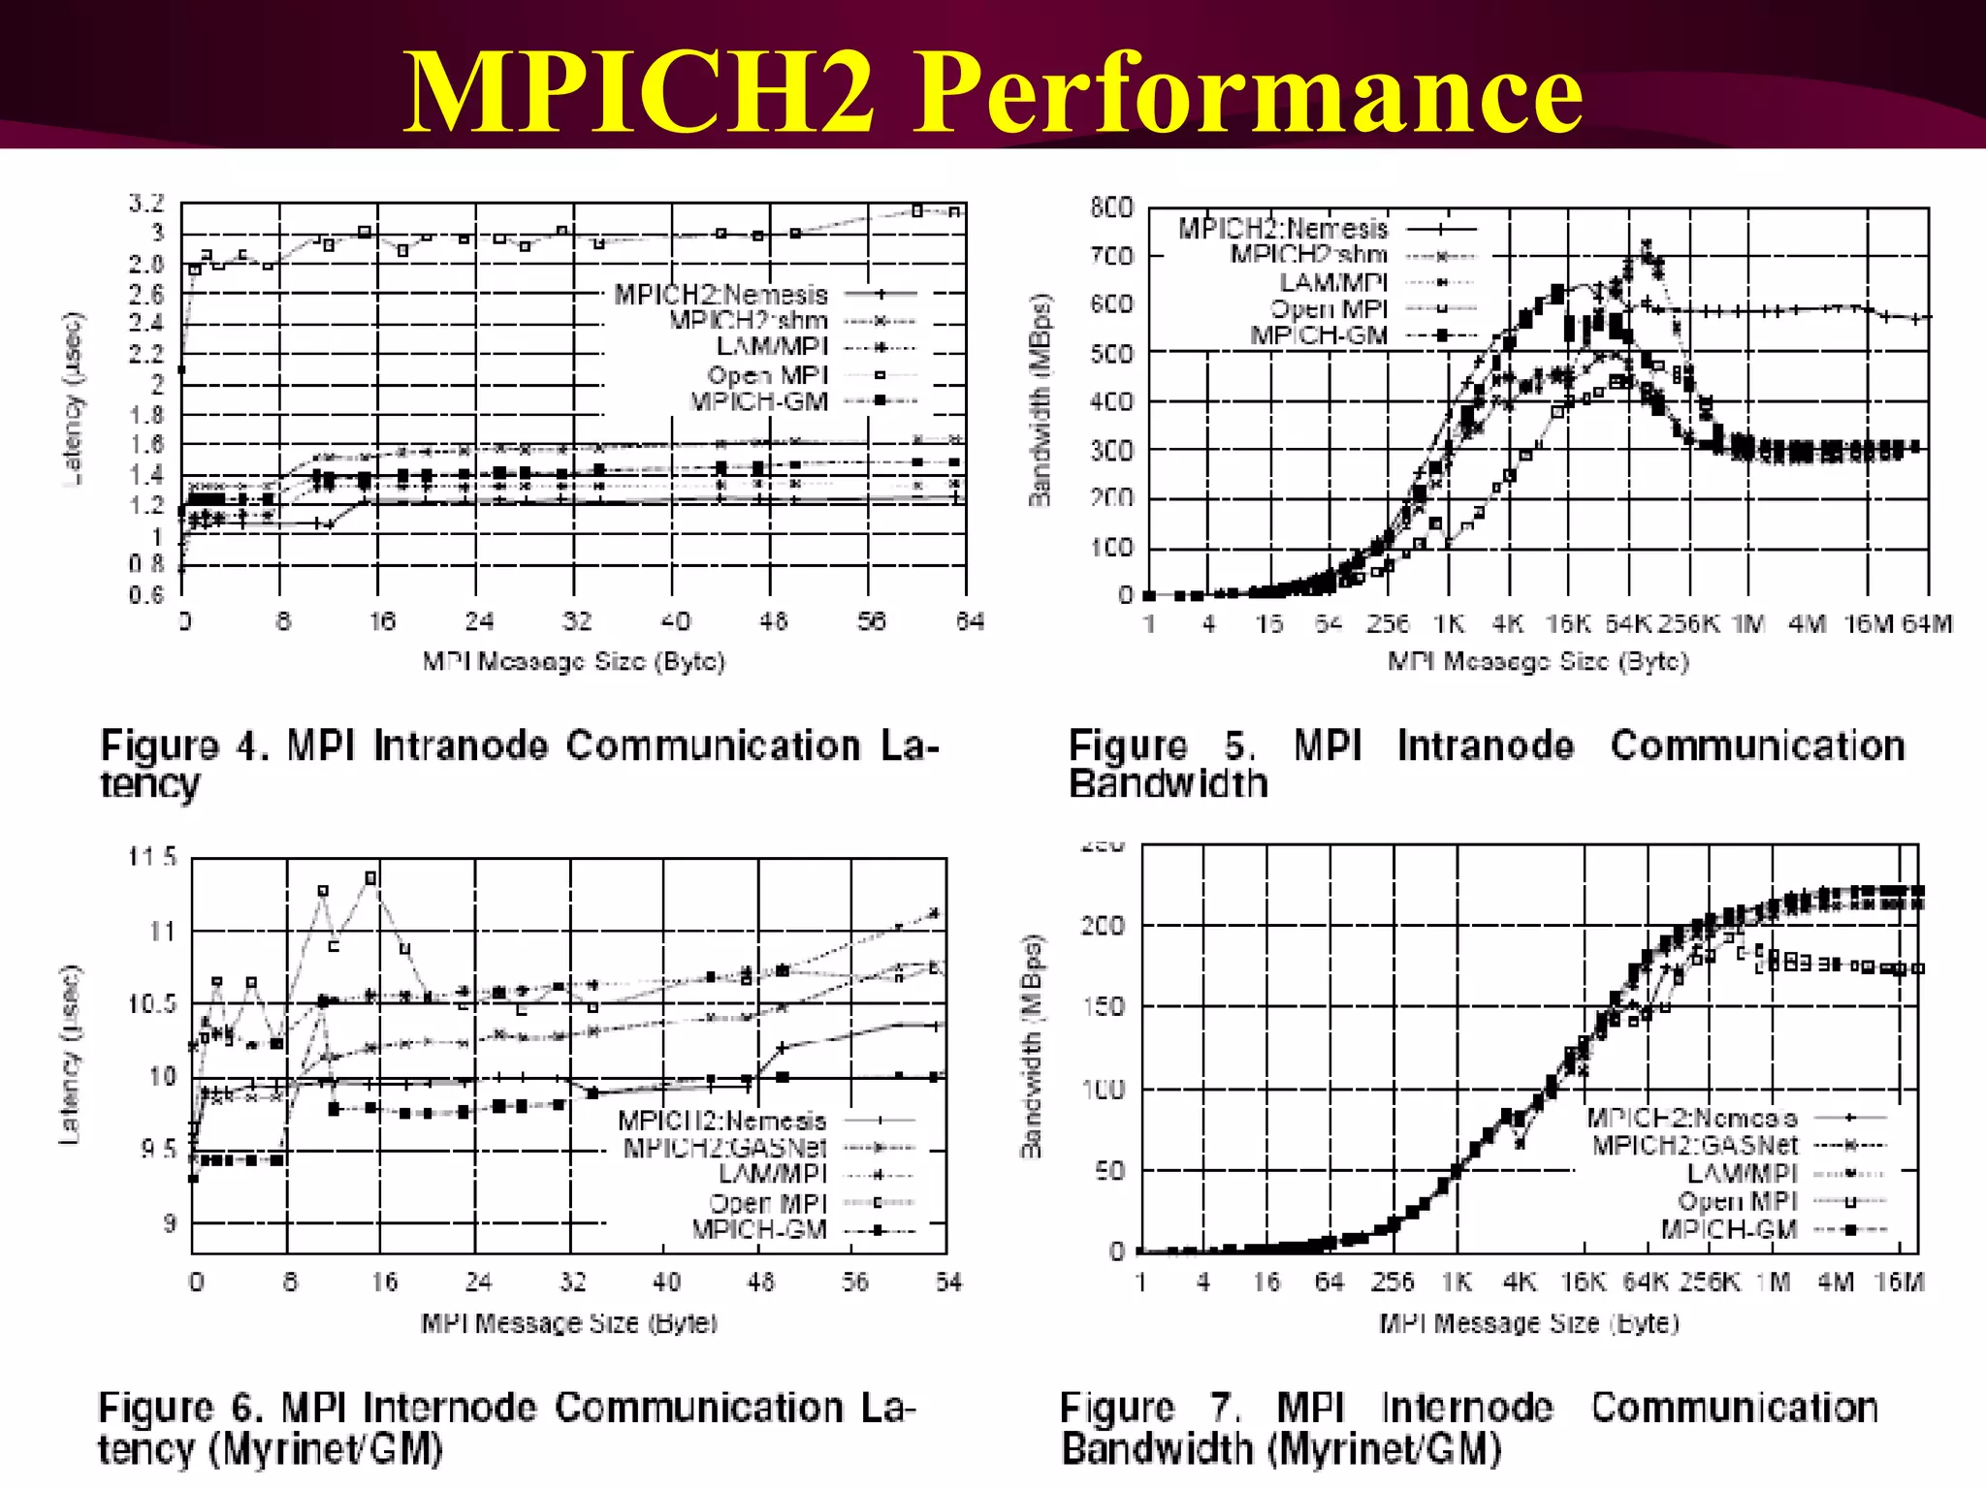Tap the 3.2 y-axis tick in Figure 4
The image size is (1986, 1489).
click(146, 204)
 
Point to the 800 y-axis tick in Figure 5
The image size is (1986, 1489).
click(1111, 207)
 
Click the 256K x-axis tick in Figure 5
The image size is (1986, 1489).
click(1687, 623)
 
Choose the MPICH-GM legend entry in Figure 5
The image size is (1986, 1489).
click(1319, 335)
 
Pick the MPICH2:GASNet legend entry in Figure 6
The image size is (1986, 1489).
click(724, 1149)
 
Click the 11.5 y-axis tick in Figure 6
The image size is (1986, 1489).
click(152, 857)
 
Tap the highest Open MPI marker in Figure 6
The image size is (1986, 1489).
click(370, 877)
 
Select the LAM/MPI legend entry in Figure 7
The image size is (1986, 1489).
click(1742, 1174)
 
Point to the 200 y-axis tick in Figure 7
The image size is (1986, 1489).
click(1104, 926)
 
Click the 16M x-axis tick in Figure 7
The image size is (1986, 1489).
click(1899, 1283)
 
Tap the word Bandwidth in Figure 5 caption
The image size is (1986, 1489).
click(1169, 783)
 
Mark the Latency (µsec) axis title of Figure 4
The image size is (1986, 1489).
click(74, 398)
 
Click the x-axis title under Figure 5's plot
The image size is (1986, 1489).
click(1538, 662)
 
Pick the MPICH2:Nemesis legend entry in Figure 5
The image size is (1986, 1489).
click(1282, 229)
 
